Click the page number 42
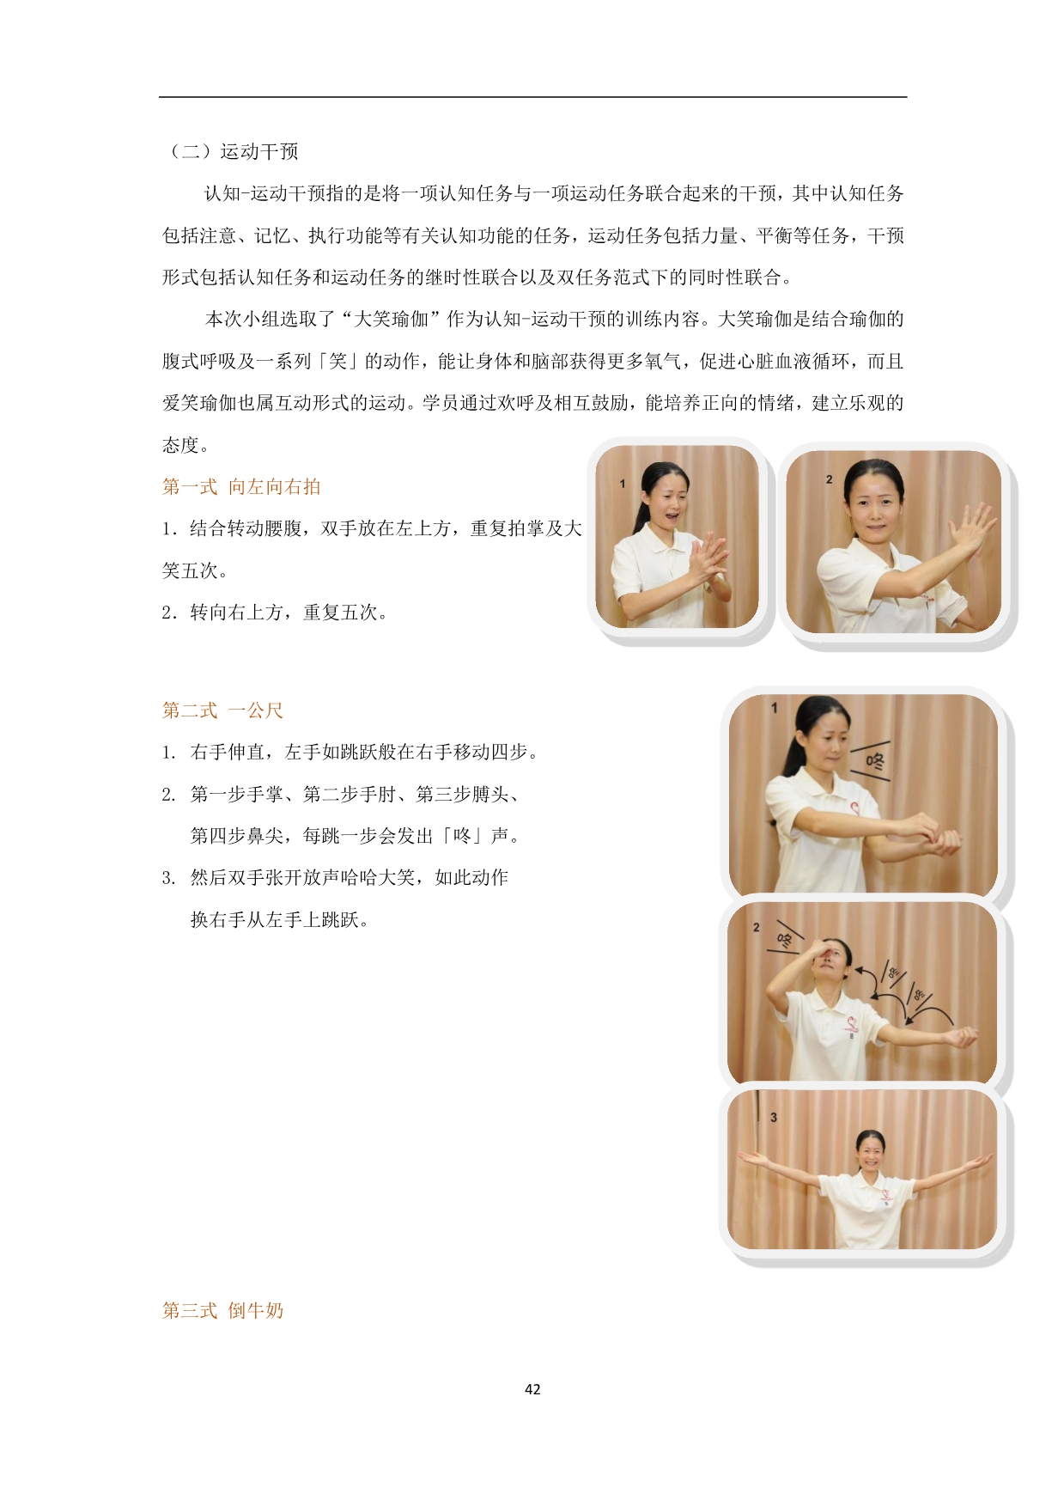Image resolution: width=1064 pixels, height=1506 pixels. click(532, 1389)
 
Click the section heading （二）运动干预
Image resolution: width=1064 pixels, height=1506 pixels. click(231, 152)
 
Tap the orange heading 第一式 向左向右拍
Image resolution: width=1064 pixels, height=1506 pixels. click(241, 487)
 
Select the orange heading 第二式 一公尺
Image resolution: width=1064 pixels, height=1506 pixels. click(222, 710)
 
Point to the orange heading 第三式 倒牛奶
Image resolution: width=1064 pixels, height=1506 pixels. click(222, 1310)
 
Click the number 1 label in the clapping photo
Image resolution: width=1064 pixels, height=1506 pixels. click(623, 484)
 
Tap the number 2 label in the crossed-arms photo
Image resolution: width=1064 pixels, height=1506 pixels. click(829, 479)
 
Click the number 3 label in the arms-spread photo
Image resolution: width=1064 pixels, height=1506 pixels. click(774, 1117)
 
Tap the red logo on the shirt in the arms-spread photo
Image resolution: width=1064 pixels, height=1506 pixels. click(883, 1196)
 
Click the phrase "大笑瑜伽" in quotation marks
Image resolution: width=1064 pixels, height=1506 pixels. click(392, 320)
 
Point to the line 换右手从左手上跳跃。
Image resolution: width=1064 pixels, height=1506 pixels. click(280, 920)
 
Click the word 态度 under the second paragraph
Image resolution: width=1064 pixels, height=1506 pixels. click(181, 445)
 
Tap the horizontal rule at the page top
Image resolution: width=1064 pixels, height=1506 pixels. click(532, 97)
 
